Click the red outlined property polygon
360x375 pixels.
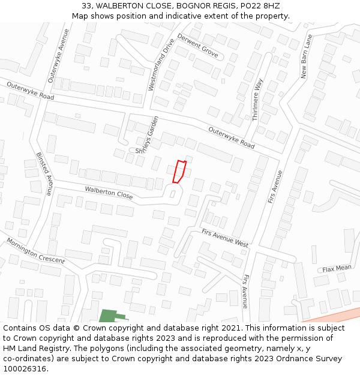[x=179, y=172]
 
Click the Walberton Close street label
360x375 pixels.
[x=109, y=193]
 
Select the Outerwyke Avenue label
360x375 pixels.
[x=59, y=55]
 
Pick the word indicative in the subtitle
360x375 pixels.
[x=184, y=16]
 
